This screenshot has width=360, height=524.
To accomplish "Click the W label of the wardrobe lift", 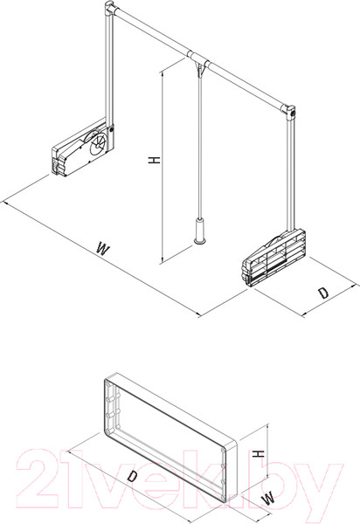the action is pos(102,249).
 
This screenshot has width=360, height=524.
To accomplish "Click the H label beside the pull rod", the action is pos(155,161).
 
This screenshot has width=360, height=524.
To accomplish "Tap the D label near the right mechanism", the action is pos(323,293).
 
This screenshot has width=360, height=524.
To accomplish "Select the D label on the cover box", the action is pos(132,476).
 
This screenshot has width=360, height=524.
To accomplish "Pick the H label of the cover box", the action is pos(259,454).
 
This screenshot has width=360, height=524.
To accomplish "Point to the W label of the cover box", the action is pos(268,499).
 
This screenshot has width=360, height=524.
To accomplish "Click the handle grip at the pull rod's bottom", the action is pos(200,231).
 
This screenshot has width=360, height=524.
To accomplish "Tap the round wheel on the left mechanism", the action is pos(98,144).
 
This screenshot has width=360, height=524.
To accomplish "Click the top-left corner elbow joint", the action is pos(109,9).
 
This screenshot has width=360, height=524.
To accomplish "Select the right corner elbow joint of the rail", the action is pos(289,112).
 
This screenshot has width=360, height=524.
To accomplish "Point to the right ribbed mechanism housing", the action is pos(273,257).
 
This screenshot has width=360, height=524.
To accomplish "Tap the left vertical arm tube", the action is pos(109,67).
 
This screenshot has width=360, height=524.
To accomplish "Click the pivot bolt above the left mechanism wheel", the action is pos(112,128).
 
